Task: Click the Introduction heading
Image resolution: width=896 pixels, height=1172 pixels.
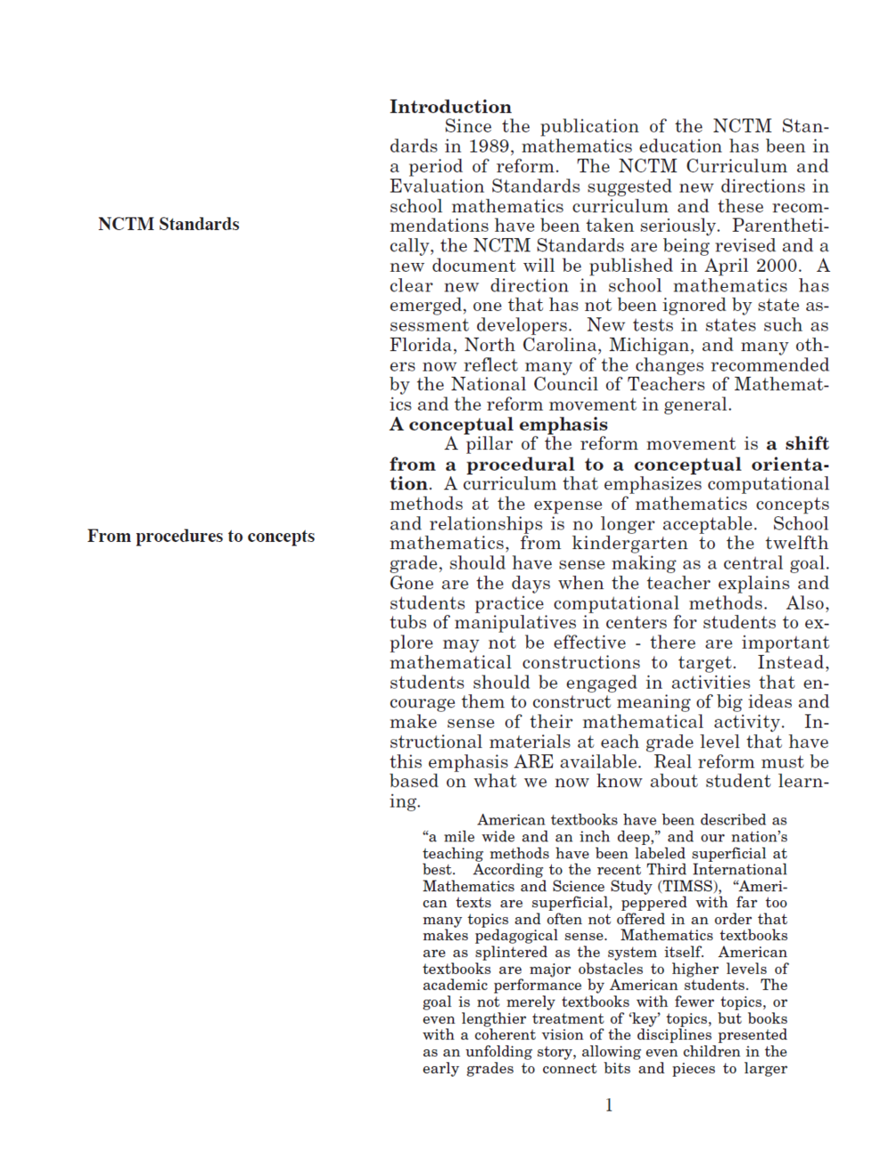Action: (x=450, y=107)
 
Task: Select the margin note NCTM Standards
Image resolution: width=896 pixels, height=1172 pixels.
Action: (x=169, y=224)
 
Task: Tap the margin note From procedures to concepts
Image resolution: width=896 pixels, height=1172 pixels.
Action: (x=201, y=536)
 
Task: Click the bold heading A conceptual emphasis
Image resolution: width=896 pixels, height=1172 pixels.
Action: (x=498, y=424)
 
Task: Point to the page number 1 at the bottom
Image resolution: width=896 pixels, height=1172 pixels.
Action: (x=609, y=1105)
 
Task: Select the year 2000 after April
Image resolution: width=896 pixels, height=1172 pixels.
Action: (x=777, y=266)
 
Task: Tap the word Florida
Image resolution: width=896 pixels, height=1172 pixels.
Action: (x=421, y=345)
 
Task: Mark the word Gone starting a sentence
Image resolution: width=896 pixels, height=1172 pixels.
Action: (x=411, y=583)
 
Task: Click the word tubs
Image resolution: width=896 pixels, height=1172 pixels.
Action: (x=408, y=623)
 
